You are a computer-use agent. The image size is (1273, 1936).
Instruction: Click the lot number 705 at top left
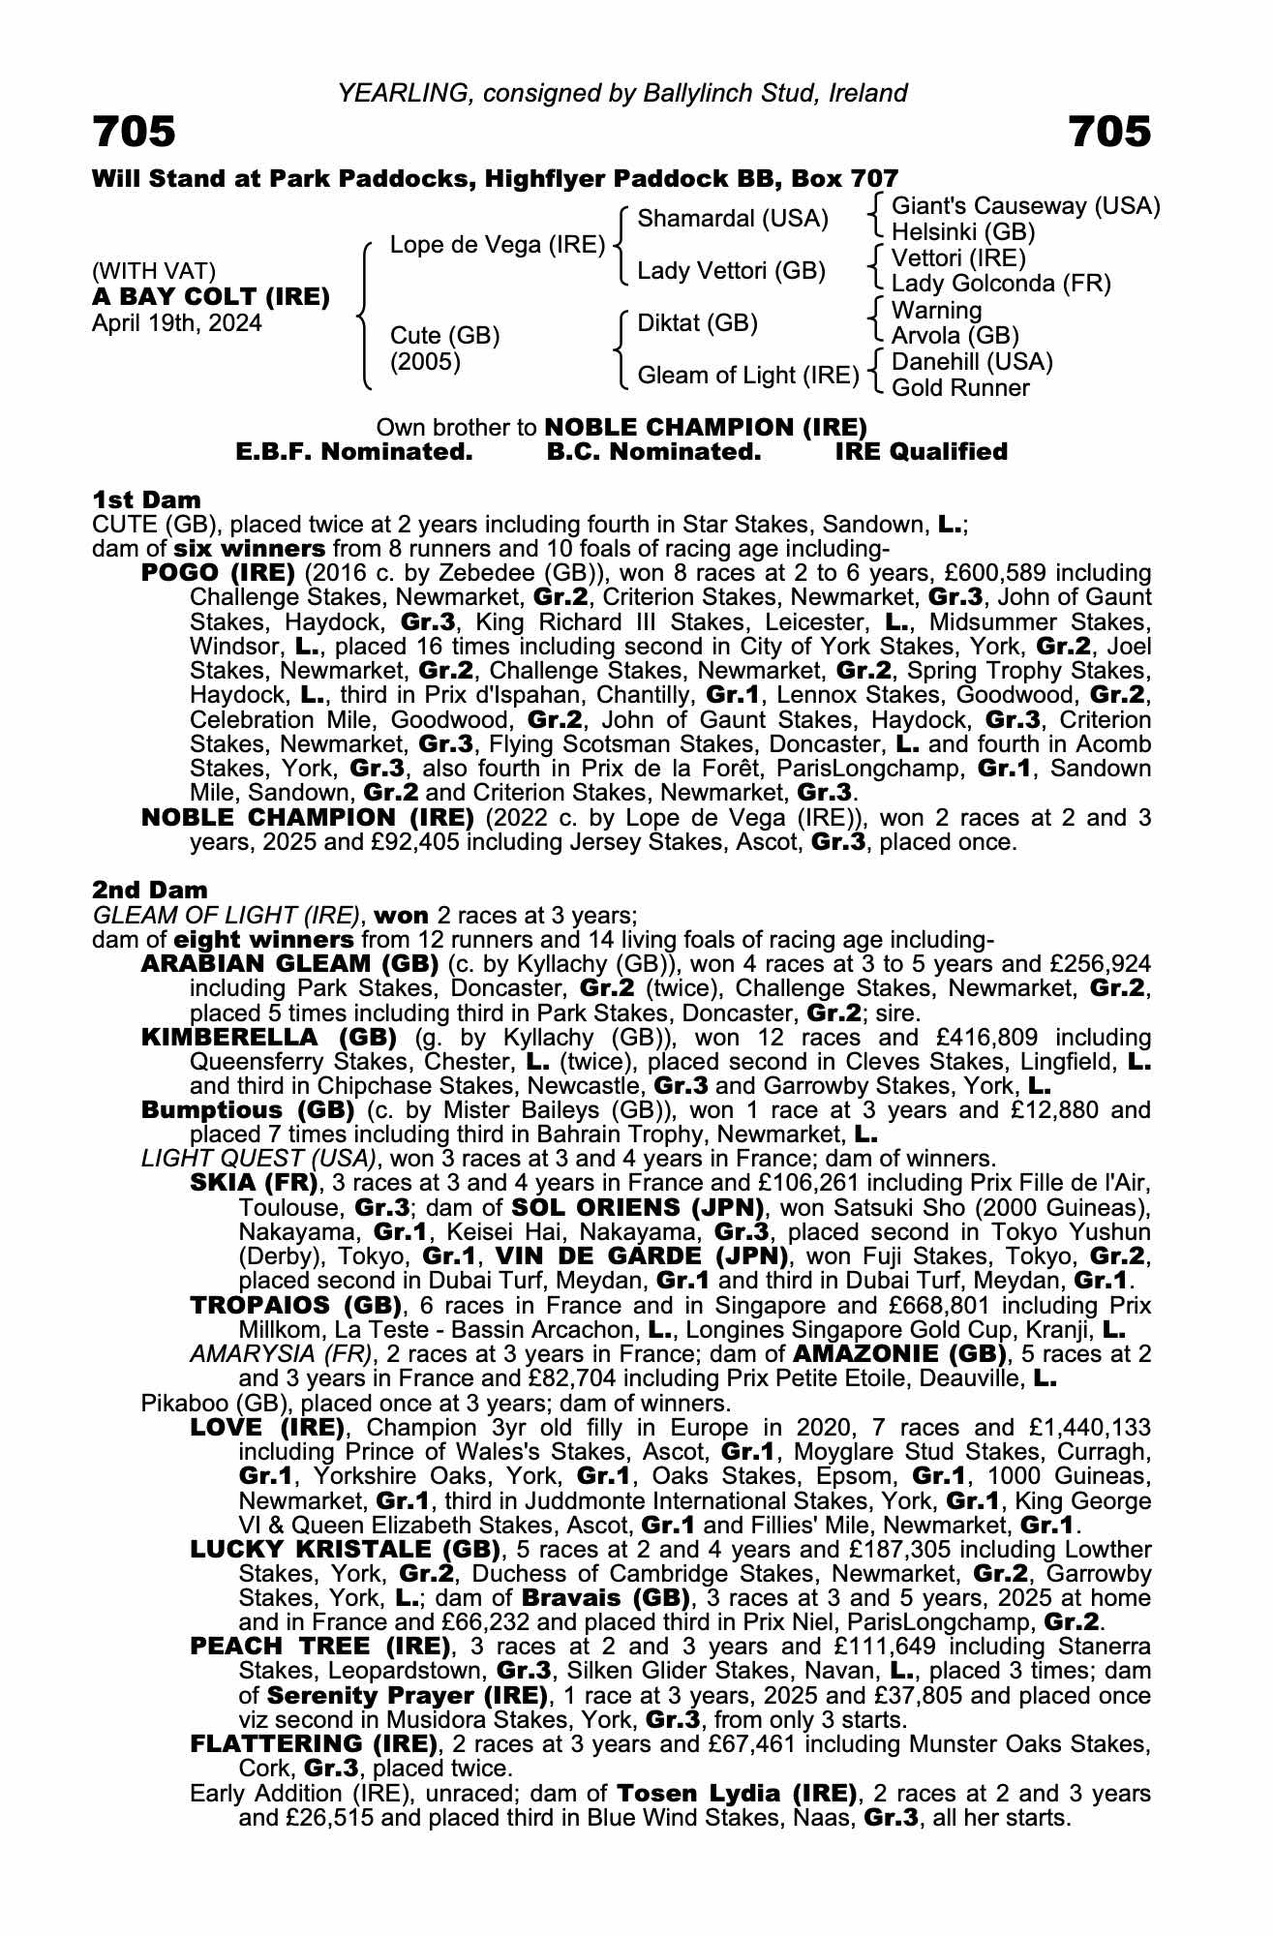pyautogui.click(x=135, y=131)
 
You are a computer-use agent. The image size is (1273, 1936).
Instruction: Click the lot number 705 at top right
pyautogui.click(x=1109, y=131)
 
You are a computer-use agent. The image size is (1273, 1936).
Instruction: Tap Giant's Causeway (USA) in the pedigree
pyautogui.click(x=1025, y=206)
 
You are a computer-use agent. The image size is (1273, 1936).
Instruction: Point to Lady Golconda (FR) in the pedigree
pyautogui.click(x=1000, y=284)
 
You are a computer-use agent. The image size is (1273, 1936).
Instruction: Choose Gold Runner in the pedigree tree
pyautogui.click(x=959, y=388)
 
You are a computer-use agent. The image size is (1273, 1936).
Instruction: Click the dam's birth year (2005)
pyautogui.click(x=425, y=361)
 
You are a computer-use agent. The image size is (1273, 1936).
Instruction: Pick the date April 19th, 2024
pyautogui.click(x=176, y=322)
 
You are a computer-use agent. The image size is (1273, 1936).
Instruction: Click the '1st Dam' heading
pyautogui.click(x=146, y=499)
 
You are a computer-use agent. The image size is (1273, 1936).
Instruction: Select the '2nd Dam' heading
pyautogui.click(x=149, y=890)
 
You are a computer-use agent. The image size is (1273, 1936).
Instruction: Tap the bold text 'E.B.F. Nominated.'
pyautogui.click(x=354, y=452)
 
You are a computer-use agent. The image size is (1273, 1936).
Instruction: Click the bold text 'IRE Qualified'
pyautogui.click(x=921, y=452)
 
